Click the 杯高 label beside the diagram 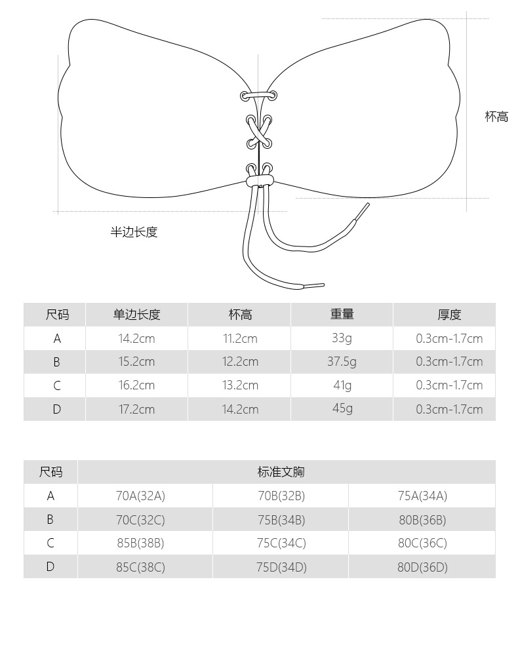pyautogui.click(x=496, y=117)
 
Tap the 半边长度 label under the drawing pyautogui.click(x=134, y=232)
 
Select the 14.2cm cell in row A pyautogui.click(x=136, y=339)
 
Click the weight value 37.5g pyautogui.click(x=342, y=361)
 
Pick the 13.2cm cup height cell pyautogui.click(x=240, y=385)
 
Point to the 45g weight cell pyautogui.click(x=342, y=408)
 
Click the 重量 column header pyautogui.click(x=342, y=315)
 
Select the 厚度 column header pyautogui.click(x=449, y=315)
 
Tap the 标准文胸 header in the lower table pyautogui.click(x=281, y=472)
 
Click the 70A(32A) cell pyautogui.click(x=140, y=496)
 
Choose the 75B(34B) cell pyautogui.click(x=281, y=520)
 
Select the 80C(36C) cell pyautogui.click(x=422, y=543)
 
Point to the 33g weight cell pyautogui.click(x=342, y=338)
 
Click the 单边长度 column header pyautogui.click(x=136, y=315)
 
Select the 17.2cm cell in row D pyautogui.click(x=136, y=409)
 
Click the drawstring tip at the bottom pyautogui.click(x=314, y=285)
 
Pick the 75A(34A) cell pyautogui.click(x=422, y=496)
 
